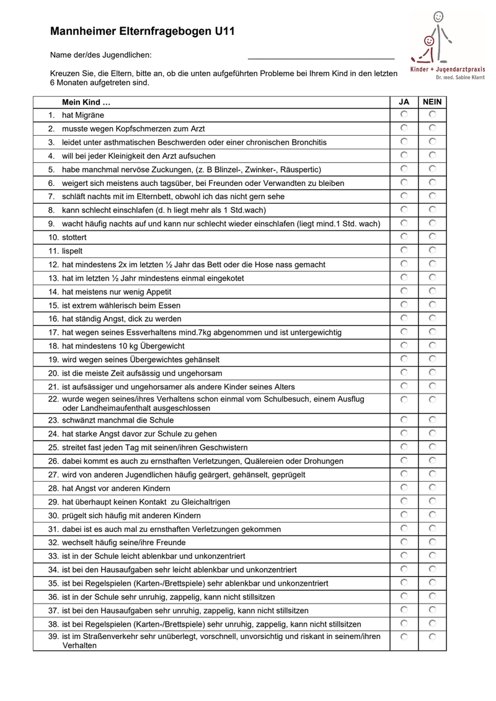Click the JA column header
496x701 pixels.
coord(404,102)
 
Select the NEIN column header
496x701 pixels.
coord(432,102)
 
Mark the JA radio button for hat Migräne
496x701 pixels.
coord(404,115)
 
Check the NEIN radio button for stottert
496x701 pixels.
coord(432,237)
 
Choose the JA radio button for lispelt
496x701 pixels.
coord(404,250)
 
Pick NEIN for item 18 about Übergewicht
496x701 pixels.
coord(432,345)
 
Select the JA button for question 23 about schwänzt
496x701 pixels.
coord(404,419)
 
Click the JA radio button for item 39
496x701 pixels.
coord(404,637)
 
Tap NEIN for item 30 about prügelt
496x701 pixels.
coord(432,514)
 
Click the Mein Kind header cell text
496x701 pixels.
coord(86,102)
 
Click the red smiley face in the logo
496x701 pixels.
coord(428,41)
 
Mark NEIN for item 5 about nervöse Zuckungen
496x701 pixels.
coord(432,169)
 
